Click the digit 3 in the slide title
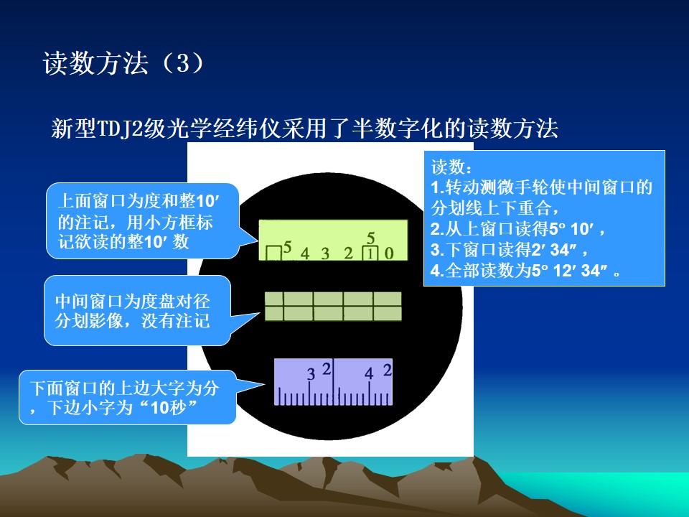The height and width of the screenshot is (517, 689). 182,63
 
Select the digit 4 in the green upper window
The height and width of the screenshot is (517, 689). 305,253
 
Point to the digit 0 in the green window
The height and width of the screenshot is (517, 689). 389,253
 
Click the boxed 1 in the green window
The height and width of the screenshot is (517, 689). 370,253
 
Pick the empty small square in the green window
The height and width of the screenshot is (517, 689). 273,253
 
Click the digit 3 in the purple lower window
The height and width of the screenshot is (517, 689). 311,374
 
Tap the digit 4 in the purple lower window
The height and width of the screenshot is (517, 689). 369,373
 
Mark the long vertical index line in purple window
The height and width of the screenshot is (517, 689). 334,381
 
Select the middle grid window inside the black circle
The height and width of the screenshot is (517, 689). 333,307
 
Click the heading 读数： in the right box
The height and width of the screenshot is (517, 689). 452,167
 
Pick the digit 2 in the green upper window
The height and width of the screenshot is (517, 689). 349,253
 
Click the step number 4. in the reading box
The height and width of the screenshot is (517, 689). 438,271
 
